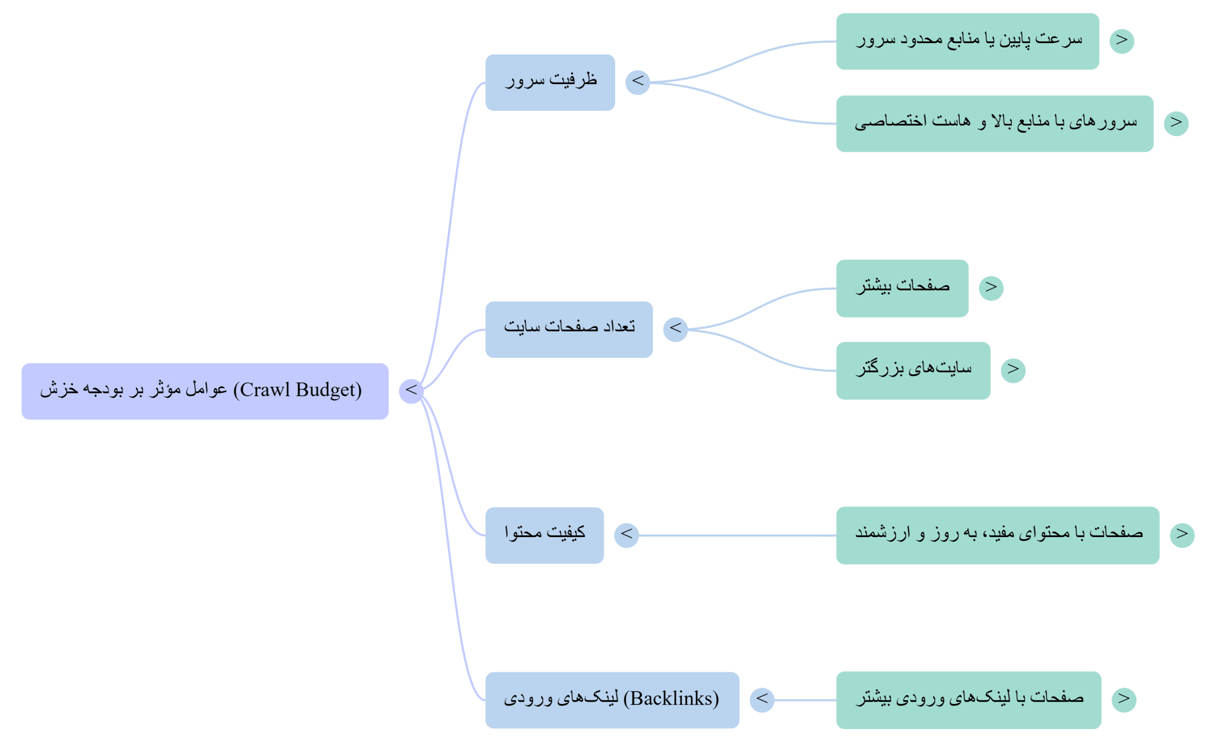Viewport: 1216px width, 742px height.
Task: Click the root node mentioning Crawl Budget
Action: [204, 391]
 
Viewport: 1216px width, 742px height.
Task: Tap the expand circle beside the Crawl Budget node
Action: [410, 391]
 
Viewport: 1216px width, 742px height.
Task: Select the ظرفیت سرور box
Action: [550, 83]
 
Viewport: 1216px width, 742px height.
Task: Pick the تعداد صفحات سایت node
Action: [569, 329]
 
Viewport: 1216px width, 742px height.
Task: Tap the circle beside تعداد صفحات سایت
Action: [674, 329]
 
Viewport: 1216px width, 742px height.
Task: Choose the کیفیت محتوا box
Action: [544, 535]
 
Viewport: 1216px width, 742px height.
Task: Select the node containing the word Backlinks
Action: [612, 700]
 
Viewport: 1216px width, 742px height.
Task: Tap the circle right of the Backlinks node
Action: [761, 700]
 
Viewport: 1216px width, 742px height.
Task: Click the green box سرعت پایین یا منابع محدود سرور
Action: [967, 41]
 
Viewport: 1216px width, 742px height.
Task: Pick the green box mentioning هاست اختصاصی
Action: [995, 124]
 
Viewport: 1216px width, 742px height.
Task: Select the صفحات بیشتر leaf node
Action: [902, 288]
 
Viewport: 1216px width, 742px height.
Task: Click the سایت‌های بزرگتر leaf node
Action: [912, 371]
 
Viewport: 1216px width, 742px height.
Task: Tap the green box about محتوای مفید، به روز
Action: [997, 535]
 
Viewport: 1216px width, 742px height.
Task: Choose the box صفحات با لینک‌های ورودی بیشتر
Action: [968, 700]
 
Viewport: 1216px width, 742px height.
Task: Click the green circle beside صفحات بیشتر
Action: [991, 288]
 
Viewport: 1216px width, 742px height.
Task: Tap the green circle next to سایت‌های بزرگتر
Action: [1013, 370]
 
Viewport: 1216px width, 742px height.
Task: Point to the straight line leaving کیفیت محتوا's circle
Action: [735, 535]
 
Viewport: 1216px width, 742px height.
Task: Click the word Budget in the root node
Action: [326, 390]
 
